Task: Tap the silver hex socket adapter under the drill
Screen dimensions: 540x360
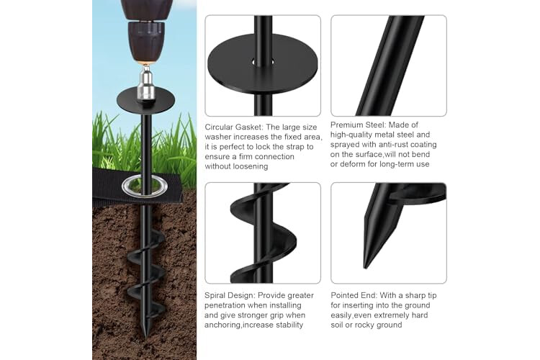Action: coord(145,86)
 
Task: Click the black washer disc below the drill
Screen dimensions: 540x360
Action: coord(145,100)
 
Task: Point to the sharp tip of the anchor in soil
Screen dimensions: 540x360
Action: coord(145,336)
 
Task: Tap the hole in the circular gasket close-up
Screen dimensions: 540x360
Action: coord(263,63)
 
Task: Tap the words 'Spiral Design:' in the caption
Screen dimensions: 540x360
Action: coord(230,296)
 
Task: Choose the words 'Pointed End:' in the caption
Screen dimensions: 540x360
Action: coord(354,296)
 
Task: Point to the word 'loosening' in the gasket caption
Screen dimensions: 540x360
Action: coord(251,167)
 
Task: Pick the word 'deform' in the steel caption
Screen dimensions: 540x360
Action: coord(351,164)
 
